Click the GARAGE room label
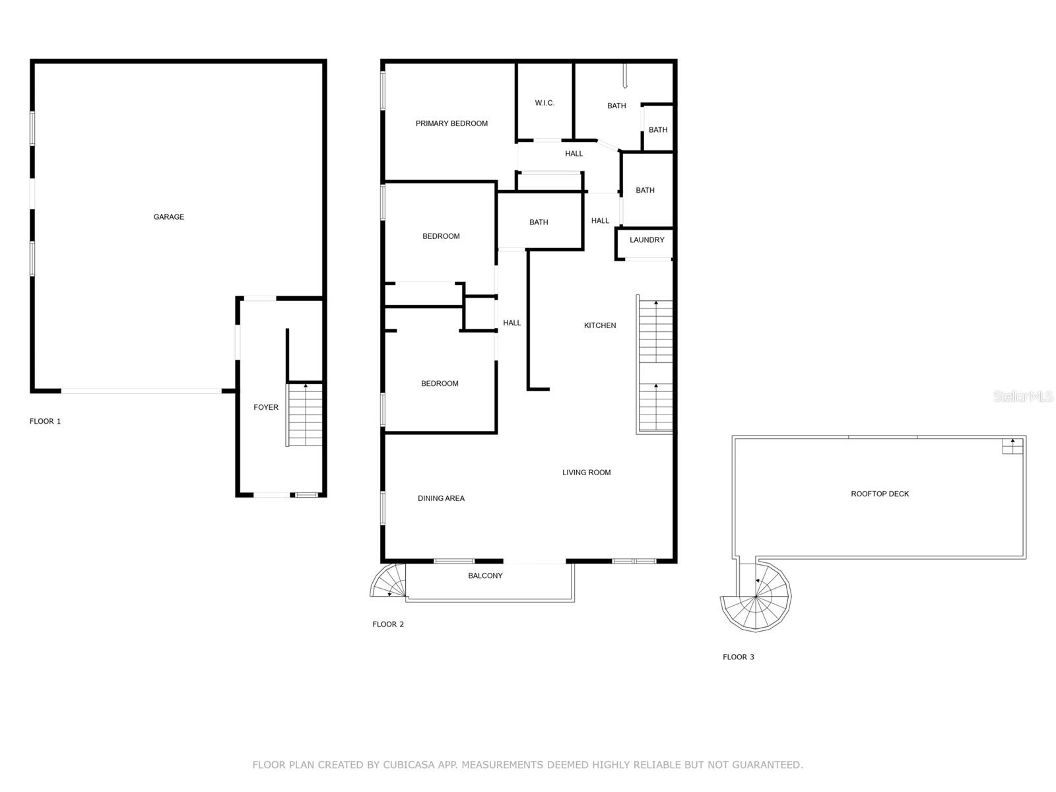point(169,217)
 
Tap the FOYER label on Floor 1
point(266,407)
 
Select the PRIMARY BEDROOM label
point(451,123)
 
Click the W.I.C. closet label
point(544,103)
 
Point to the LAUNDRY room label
point(647,240)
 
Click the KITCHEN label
point(600,325)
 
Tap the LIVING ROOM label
point(586,473)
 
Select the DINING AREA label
point(441,498)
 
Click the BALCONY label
point(485,576)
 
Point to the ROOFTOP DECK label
point(880,494)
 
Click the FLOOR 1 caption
point(46,421)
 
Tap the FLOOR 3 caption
point(738,657)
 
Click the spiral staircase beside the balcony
point(389,581)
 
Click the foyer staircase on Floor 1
point(305,414)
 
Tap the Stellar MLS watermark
point(1023,397)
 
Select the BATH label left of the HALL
point(539,222)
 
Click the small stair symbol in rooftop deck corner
point(1012,445)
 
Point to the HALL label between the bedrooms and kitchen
point(511,323)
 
